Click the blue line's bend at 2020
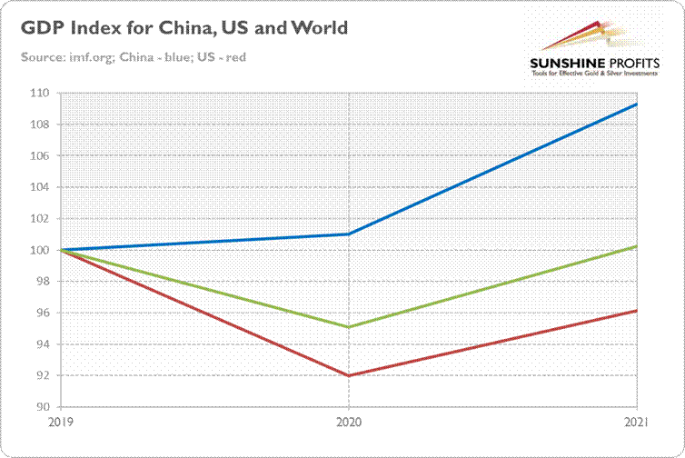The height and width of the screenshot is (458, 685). point(350,234)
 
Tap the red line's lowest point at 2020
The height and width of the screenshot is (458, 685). point(350,375)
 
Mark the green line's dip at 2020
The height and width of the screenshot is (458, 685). point(350,326)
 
